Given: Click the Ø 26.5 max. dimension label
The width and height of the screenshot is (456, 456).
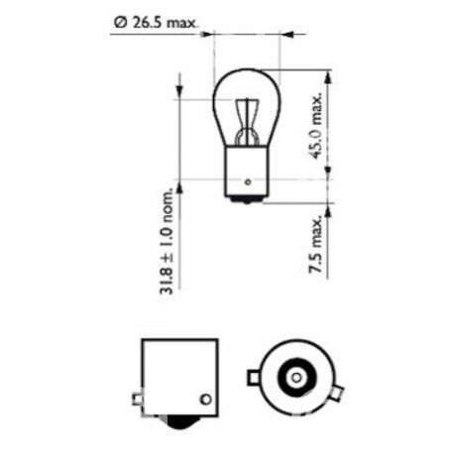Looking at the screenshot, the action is pos(156,23).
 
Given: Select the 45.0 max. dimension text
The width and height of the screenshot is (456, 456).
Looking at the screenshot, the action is pos(316,126).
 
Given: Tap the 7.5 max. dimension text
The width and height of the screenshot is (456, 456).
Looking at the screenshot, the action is pos(315,244).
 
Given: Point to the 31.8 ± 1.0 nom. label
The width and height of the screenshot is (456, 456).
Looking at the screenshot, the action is pos(167,241).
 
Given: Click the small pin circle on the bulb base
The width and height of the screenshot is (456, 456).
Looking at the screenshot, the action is pos(248,181).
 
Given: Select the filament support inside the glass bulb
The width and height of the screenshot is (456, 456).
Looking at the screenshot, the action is pos(247,122).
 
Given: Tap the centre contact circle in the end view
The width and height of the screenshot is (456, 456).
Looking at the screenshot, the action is pos(296,378).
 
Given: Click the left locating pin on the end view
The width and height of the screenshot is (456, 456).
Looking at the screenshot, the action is pos(254,378).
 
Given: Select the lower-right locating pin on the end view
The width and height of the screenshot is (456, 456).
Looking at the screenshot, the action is pos(338,393).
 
